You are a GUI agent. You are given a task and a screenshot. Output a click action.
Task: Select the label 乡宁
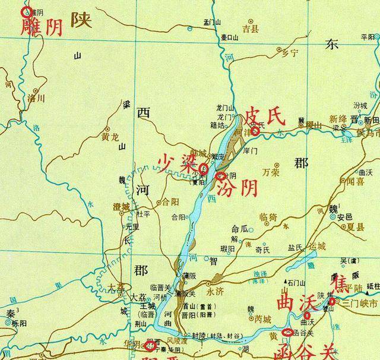click(289, 53)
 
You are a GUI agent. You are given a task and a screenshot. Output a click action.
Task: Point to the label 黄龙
click(110, 136)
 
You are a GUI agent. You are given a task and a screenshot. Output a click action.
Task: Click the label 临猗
click(268, 217)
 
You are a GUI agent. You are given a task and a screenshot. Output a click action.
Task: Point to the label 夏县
click(355, 227)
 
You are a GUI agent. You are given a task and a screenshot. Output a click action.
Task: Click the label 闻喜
click(355, 181)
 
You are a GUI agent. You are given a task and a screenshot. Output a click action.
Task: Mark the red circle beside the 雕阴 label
click(26, 11)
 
